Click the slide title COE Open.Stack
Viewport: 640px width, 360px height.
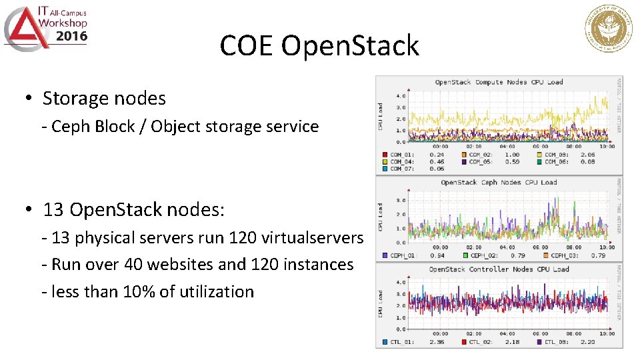pyautogui.click(x=319, y=45)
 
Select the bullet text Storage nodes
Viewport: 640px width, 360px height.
pyautogui.click(x=104, y=99)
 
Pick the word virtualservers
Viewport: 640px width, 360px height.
pyautogui.click(x=317, y=238)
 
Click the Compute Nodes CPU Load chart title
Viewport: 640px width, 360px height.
pyautogui.click(x=499, y=82)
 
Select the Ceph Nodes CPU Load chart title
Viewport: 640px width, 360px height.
pyautogui.click(x=499, y=182)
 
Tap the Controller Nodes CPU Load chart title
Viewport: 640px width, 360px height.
pyautogui.click(x=499, y=269)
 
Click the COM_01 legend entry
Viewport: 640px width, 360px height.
pyautogui.click(x=401, y=155)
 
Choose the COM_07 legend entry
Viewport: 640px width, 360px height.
pyautogui.click(x=401, y=169)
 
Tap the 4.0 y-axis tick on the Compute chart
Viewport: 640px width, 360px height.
pyautogui.click(x=401, y=96)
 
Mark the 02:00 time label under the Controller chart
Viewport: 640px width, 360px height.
pyautogui.click(x=473, y=333)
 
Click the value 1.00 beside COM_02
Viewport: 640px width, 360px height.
pyautogui.click(x=512, y=155)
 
